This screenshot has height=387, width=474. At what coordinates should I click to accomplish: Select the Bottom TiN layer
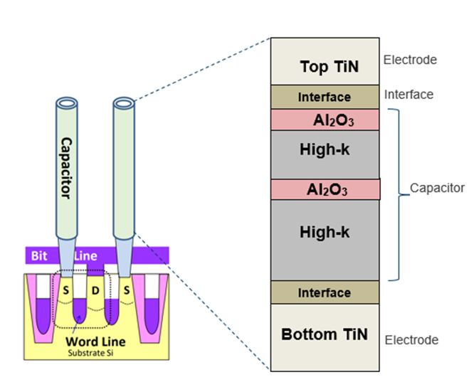click(324, 334)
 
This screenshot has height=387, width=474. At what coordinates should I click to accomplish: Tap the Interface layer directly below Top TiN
click(324, 97)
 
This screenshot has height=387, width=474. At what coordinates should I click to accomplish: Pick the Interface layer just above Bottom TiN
click(324, 292)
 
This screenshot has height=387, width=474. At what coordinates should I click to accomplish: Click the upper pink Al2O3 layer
click(324, 120)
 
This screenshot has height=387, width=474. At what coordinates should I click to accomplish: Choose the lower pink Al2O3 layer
click(325, 189)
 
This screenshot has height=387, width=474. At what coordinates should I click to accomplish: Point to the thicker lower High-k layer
click(324, 232)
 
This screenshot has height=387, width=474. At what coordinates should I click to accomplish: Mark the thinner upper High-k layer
click(324, 151)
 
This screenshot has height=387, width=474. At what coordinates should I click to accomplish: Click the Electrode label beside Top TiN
click(410, 60)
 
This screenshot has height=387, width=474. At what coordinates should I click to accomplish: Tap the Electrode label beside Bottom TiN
click(411, 340)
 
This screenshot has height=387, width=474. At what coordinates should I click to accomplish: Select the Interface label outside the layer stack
click(409, 94)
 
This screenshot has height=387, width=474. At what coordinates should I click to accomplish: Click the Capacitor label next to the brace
click(437, 189)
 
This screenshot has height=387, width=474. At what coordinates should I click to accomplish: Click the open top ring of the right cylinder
click(124, 104)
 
